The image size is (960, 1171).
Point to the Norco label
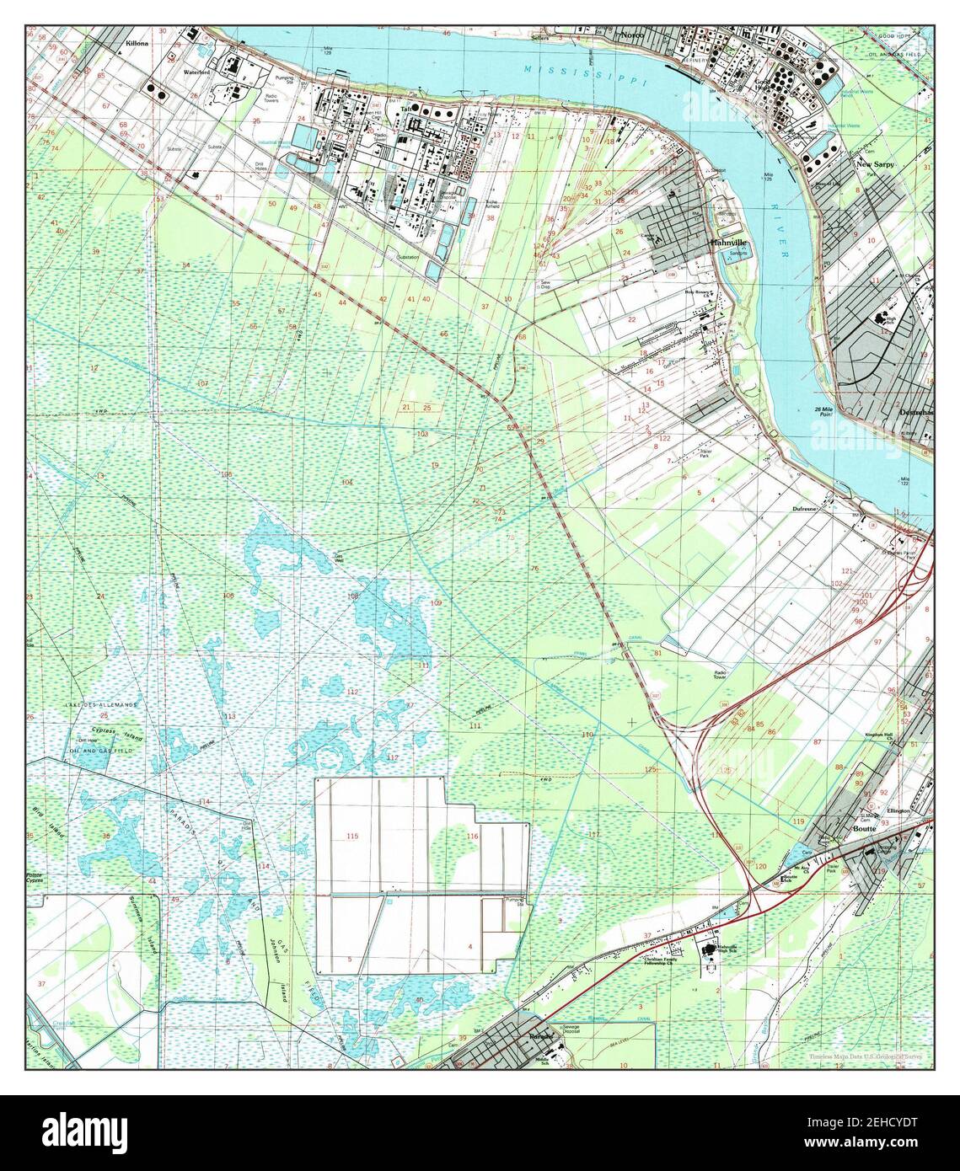(631, 35)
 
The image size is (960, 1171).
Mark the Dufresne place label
(806, 509)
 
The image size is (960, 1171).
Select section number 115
(352, 836)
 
